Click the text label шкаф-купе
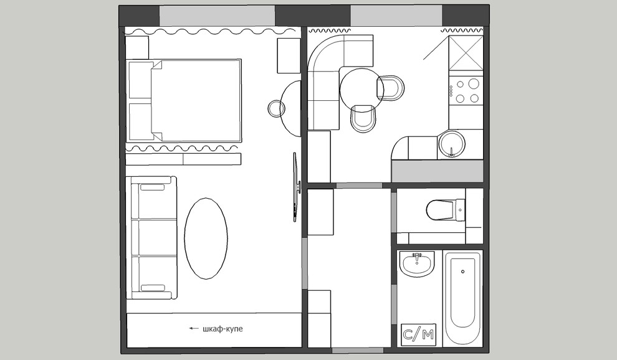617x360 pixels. coord(222,329)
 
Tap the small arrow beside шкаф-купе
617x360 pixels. coord(194,328)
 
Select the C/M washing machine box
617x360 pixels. coord(419,334)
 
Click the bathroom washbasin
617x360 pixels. coord(418,262)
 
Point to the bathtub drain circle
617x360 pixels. coord(462,272)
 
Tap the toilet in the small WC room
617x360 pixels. coord(446,210)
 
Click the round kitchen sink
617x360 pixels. coord(452,144)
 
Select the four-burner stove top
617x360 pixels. coord(466,91)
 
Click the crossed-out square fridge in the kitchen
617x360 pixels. coord(466,53)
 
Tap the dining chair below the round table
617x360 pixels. coord(363,118)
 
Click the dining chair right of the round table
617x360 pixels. coord(391,88)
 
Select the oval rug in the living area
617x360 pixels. coord(206,239)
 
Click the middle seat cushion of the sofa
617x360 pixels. coord(154,238)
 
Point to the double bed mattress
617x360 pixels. coord(196,101)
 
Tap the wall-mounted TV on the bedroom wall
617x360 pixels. coord(295,187)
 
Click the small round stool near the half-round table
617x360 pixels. coord(277,107)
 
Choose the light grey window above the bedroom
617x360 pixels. coord(217,16)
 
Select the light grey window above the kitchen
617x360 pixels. coord(396,16)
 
